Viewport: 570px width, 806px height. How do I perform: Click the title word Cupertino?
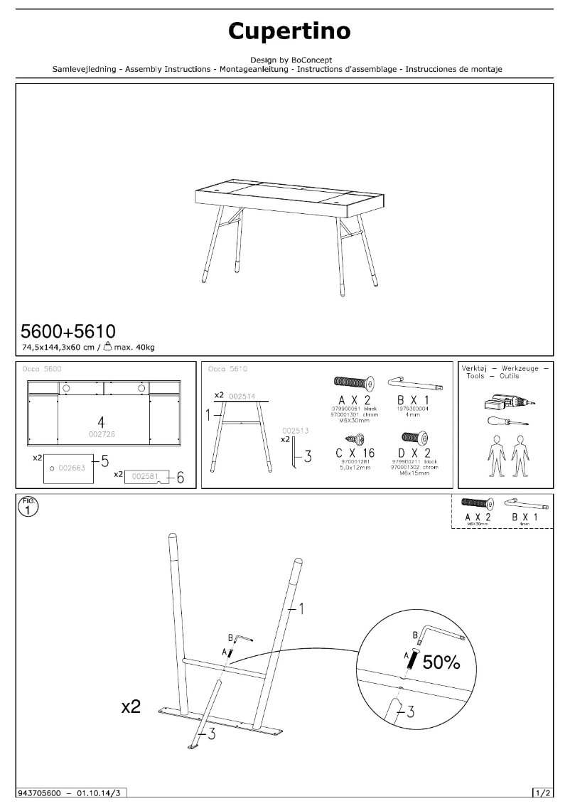click(289, 31)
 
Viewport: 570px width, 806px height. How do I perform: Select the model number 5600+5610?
click(68, 331)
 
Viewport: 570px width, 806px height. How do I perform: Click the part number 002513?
click(294, 430)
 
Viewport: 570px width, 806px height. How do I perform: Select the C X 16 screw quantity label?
click(356, 453)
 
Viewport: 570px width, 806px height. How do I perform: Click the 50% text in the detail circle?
click(441, 663)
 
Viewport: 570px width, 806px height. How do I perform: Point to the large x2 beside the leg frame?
click(131, 706)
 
